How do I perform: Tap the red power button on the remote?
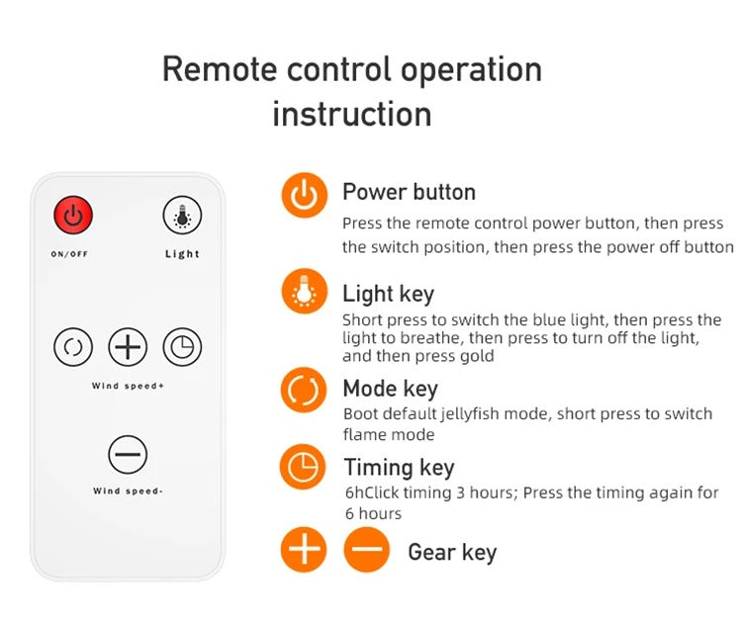pyautogui.click(x=73, y=216)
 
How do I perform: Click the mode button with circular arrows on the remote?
pyautogui.click(x=73, y=347)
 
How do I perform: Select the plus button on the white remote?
pyautogui.click(x=128, y=347)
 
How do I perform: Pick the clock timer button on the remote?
pyautogui.click(x=182, y=347)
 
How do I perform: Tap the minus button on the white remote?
pyautogui.click(x=128, y=454)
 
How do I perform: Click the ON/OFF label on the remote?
pyautogui.click(x=69, y=254)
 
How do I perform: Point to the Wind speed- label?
pyautogui.click(x=128, y=492)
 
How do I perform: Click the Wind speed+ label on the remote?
pyautogui.click(x=128, y=386)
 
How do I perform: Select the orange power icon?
pyautogui.click(x=305, y=195)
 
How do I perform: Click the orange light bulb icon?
pyautogui.click(x=305, y=292)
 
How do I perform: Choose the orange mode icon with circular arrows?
pyautogui.click(x=304, y=390)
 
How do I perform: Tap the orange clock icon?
pyautogui.click(x=303, y=467)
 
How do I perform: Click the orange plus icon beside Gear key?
pyautogui.click(x=304, y=550)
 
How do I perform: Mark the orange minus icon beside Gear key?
pyautogui.click(x=367, y=550)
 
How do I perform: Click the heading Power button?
pyautogui.click(x=409, y=192)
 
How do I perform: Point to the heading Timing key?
pyautogui.click(x=399, y=469)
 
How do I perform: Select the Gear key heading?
pyautogui.click(x=452, y=553)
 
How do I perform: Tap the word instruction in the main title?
pyautogui.click(x=351, y=115)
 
